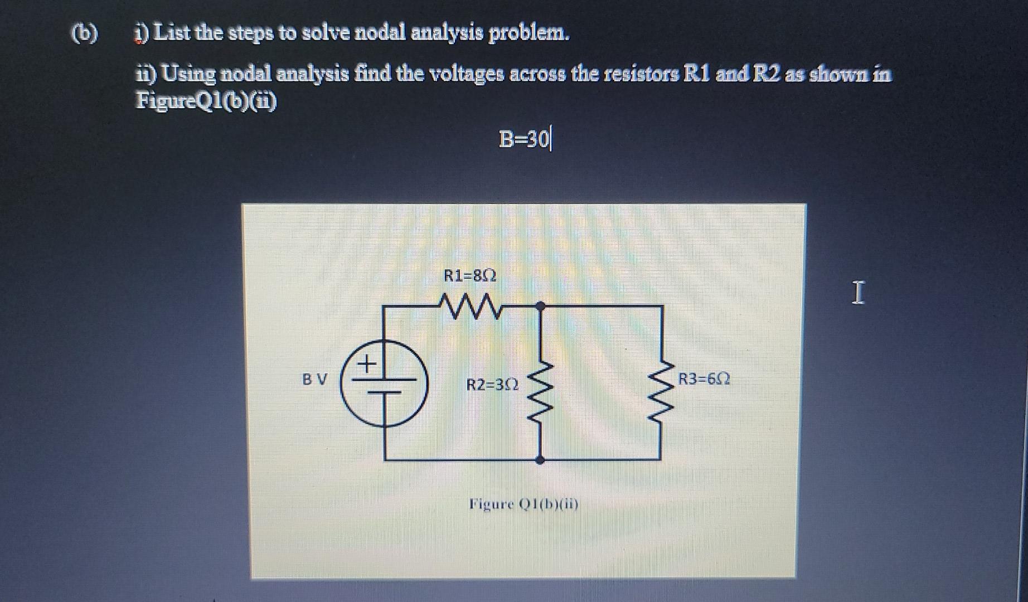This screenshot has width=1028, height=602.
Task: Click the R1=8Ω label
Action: pyautogui.click(x=469, y=276)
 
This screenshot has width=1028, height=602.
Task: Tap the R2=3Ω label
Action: pyautogui.click(x=492, y=385)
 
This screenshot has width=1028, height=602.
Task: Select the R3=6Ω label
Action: pyautogui.click(x=704, y=380)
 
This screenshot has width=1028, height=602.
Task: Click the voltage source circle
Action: pyautogui.click(x=384, y=383)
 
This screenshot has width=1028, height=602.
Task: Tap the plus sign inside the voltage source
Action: pyautogui.click(x=366, y=365)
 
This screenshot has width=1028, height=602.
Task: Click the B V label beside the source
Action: pyautogui.click(x=314, y=380)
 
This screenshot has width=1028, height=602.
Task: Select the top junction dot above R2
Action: pyautogui.click(x=540, y=305)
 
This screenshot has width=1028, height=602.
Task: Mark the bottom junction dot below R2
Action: pyautogui.click(x=540, y=460)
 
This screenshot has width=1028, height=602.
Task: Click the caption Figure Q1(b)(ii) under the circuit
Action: pyautogui.click(x=523, y=504)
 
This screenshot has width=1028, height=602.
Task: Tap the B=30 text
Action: pyautogui.click(x=523, y=139)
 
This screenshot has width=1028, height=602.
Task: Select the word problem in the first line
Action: pyautogui.click(x=529, y=34)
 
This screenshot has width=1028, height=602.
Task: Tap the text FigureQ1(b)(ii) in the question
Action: pyautogui.click(x=206, y=101)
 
